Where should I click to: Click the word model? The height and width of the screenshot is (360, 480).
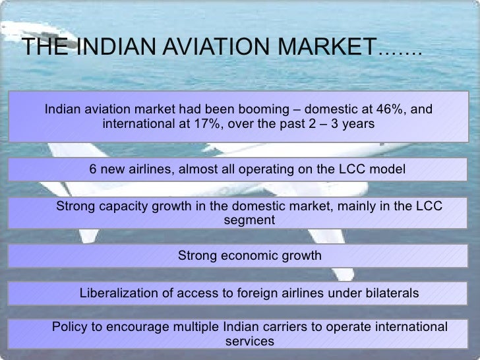(x=388, y=169)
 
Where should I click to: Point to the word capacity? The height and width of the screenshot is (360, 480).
(x=119, y=206)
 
